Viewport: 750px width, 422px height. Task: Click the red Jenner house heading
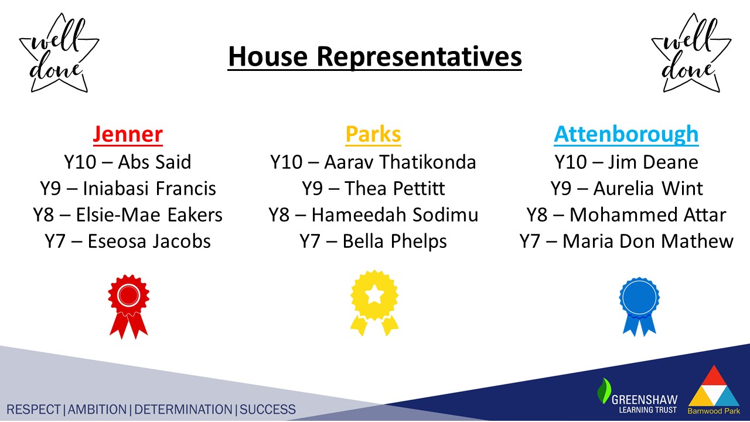(128, 135)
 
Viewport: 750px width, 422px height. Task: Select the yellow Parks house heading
(373, 135)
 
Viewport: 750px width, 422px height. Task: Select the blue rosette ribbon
(639, 307)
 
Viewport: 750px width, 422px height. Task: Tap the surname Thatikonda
(428, 162)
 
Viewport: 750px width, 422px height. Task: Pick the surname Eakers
(195, 215)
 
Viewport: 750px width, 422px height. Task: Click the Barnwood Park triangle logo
(714, 390)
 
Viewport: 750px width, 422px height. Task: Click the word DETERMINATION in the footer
(183, 410)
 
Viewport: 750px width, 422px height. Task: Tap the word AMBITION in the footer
(97, 410)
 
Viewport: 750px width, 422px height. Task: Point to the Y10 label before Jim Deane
(571, 162)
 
